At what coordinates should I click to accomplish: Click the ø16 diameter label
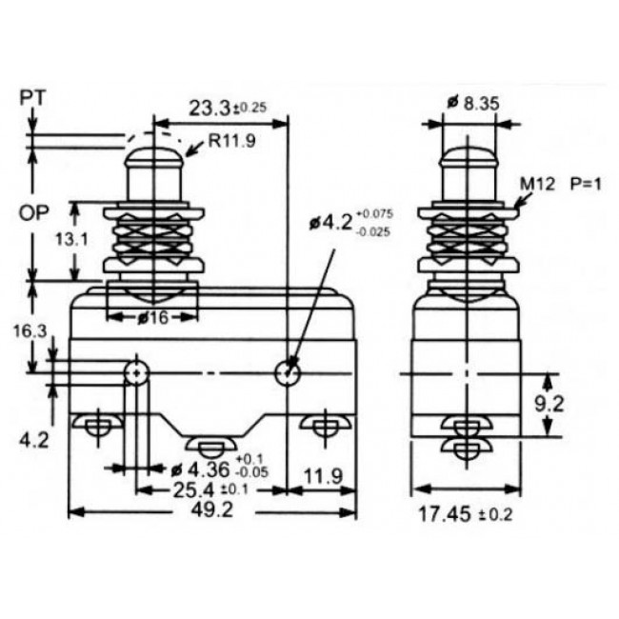click(151, 318)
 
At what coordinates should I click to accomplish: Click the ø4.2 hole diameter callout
click(348, 224)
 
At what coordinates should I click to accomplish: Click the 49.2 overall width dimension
click(212, 510)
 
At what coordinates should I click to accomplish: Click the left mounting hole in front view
click(138, 371)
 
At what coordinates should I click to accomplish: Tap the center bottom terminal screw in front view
click(211, 445)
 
